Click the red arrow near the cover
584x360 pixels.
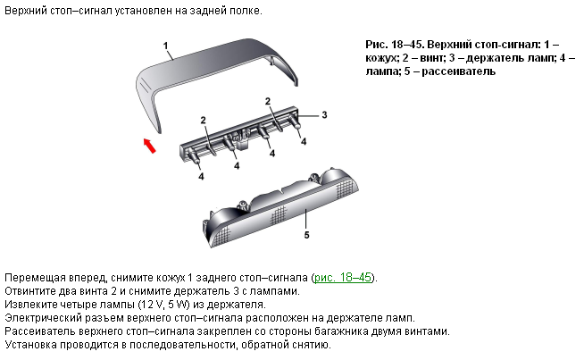point(149,146)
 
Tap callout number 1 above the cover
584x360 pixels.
point(166,46)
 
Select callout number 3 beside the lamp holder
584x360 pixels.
point(324,114)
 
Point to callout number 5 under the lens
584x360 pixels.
point(306,235)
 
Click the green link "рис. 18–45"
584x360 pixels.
point(343,278)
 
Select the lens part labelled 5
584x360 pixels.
point(280,207)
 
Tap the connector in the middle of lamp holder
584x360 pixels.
point(240,139)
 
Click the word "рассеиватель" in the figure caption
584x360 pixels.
point(458,71)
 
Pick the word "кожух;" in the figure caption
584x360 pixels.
point(381,58)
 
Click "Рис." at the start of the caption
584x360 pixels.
point(377,45)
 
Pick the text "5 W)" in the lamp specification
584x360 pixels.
point(179,305)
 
